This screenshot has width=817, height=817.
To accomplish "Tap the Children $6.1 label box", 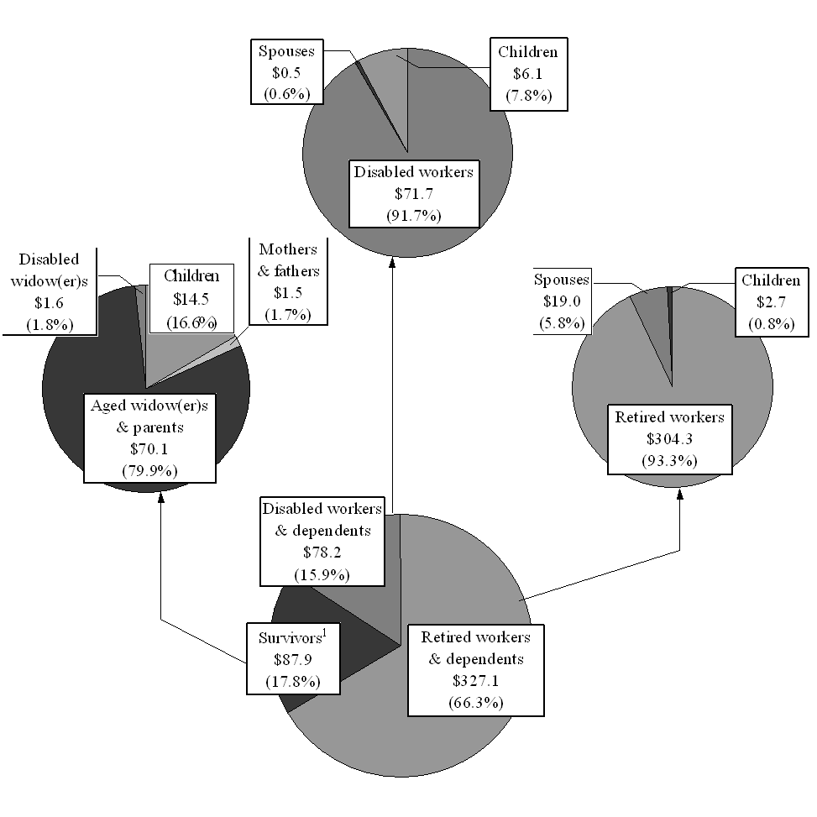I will point(527,73).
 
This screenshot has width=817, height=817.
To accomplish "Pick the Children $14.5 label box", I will point(192,299).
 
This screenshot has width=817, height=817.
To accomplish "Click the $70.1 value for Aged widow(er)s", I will point(149,448).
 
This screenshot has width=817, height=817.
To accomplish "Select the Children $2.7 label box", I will point(770,302).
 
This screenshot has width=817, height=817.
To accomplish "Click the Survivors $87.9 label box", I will point(293,658).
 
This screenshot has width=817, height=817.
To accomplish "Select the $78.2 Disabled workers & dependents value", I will point(322,553).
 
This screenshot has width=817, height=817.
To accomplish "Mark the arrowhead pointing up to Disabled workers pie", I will point(391,264).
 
